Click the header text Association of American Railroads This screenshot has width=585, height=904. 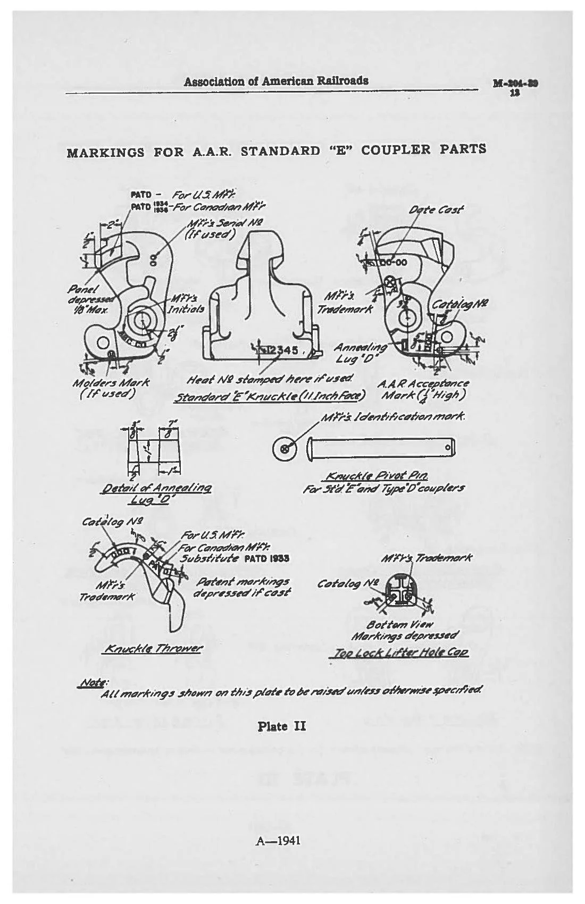tap(275, 81)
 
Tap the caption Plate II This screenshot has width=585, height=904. tap(281, 726)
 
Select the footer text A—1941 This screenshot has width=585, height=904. tap(278, 841)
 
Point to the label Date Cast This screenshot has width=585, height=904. tap(436, 210)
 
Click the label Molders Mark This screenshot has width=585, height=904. tap(111, 382)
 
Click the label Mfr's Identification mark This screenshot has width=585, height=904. tap(394, 416)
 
